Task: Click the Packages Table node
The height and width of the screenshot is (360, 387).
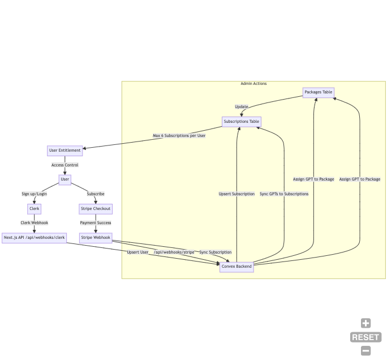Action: click(x=319, y=92)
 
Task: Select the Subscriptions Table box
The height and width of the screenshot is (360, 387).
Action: click(x=242, y=122)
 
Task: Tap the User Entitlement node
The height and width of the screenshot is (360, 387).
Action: click(x=65, y=151)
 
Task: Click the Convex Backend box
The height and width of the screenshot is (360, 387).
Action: click(x=236, y=267)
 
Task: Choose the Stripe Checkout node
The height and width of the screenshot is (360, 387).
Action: click(x=96, y=209)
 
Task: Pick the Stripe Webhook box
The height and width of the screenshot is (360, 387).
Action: click(x=96, y=238)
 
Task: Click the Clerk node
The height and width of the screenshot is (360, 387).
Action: click(x=35, y=209)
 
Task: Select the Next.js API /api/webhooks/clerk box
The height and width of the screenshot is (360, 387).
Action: click(x=35, y=238)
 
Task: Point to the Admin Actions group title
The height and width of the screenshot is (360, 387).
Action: click(x=253, y=84)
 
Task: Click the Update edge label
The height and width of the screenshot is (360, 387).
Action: click(x=242, y=107)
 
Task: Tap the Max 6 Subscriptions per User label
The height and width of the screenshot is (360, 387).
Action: click(x=179, y=136)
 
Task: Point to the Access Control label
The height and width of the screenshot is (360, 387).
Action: click(x=65, y=165)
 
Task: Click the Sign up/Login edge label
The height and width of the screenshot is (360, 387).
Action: click(x=35, y=194)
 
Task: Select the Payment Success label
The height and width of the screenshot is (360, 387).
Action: click(x=96, y=223)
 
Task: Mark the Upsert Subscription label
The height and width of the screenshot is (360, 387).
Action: click(x=236, y=194)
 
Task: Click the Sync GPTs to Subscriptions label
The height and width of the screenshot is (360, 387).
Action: click(x=284, y=194)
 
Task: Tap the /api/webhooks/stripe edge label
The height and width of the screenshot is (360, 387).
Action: click(x=174, y=252)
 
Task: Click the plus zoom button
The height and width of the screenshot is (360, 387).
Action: click(x=366, y=323)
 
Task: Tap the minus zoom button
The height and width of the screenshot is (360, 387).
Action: click(x=366, y=351)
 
